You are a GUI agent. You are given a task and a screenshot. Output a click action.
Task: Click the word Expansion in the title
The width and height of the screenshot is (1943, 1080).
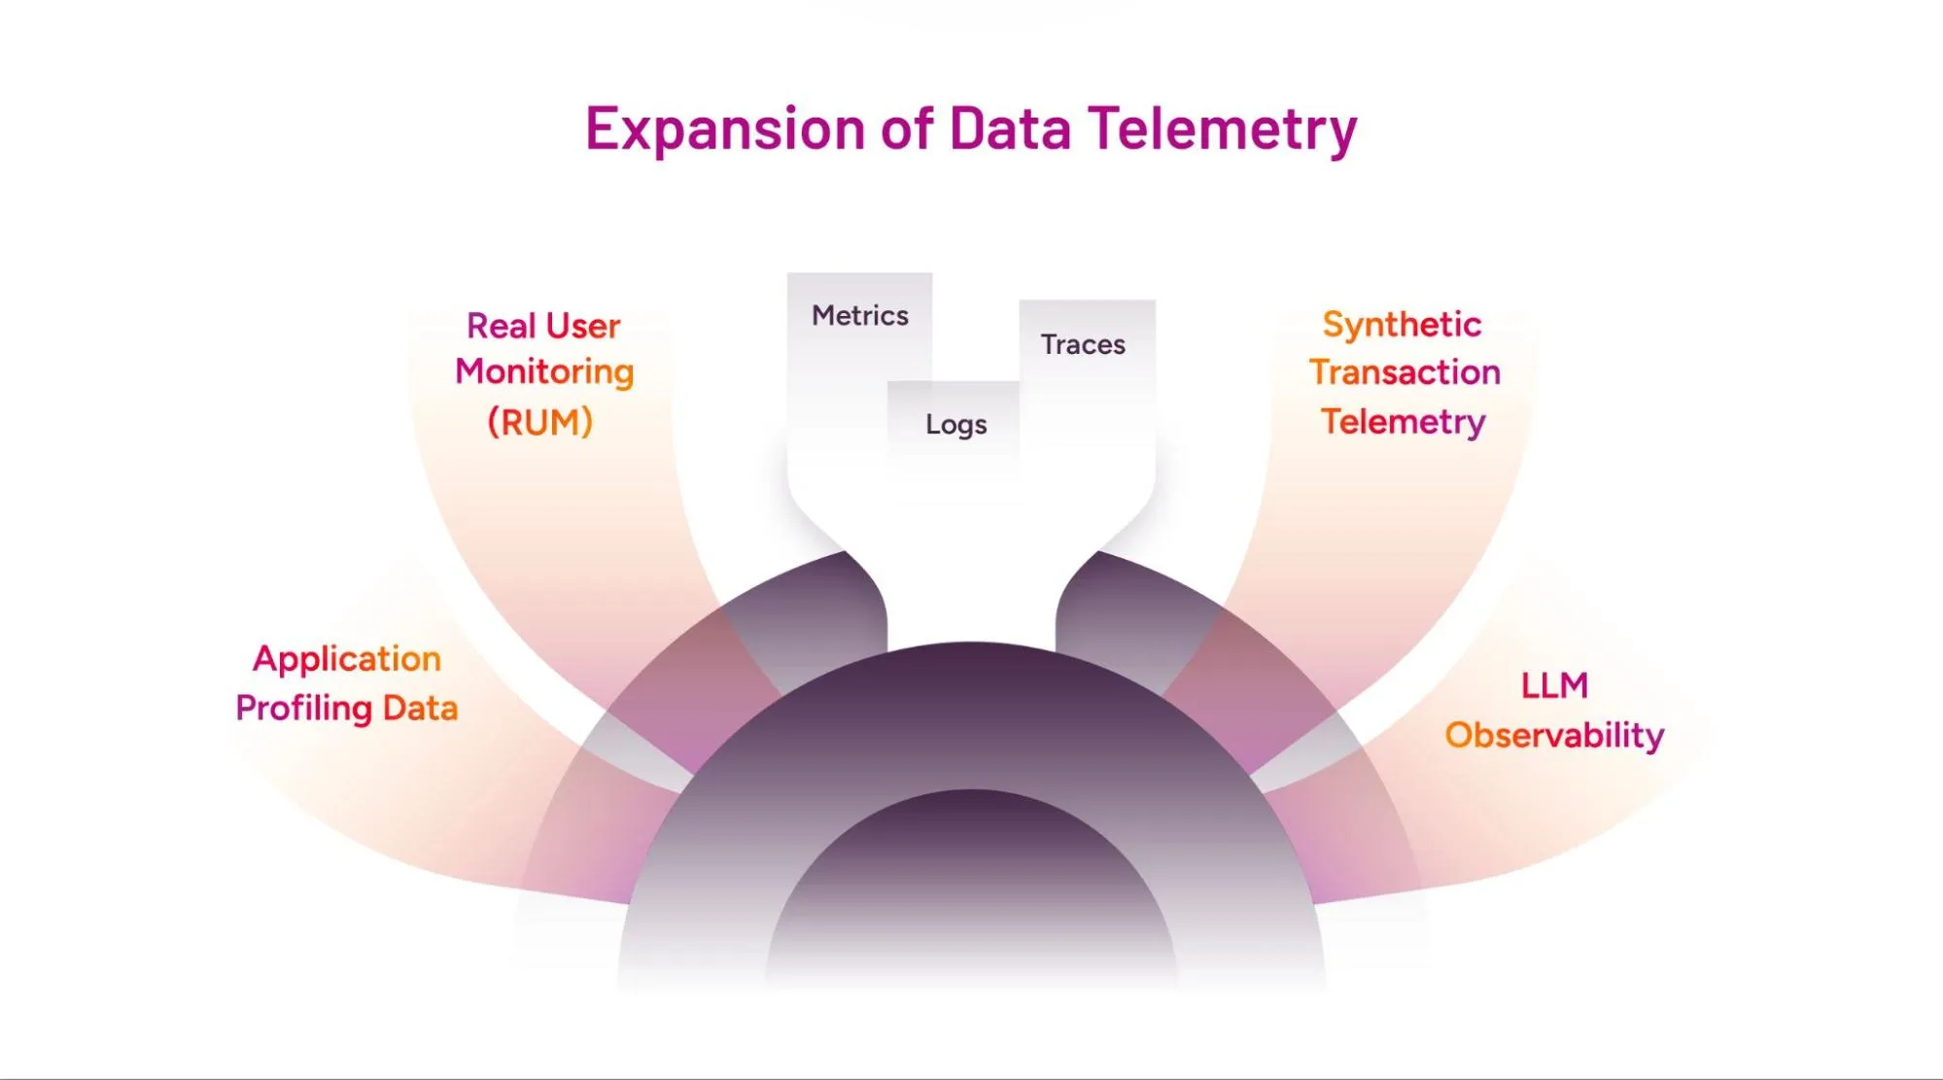pyautogui.click(x=724, y=128)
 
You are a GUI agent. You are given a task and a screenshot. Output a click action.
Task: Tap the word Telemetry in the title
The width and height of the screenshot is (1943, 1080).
pyautogui.click(x=1222, y=128)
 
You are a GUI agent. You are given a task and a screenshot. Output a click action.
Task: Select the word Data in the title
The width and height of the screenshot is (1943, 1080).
pyautogui.click(x=1010, y=128)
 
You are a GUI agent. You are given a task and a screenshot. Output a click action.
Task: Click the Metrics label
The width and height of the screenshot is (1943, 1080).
pyautogui.click(x=860, y=316)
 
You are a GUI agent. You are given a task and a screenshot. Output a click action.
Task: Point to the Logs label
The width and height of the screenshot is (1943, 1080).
pyautogui.click(x=956, y=425)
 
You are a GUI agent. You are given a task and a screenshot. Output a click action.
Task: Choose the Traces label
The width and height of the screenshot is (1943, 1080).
pyautogui.click(x=1083, y=344)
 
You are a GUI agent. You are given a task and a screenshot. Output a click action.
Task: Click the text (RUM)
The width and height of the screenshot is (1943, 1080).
pyautogui.click(x=540, y=422)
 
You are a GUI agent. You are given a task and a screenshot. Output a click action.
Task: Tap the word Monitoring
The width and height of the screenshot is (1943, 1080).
pyautogui.click(x=544, y=371)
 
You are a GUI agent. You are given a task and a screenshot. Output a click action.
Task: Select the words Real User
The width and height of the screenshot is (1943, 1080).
pyautogui.click(x=543, y=326)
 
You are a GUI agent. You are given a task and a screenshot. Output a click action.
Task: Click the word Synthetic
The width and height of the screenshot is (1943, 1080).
pyautogui.click(x=1402, y=324)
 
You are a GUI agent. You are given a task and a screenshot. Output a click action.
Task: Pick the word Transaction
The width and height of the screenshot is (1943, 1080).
pyautogui.click(x=1405, y=372)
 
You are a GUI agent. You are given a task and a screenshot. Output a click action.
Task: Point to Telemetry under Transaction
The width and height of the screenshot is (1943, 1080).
pyautogui.click(x=1403, y=422)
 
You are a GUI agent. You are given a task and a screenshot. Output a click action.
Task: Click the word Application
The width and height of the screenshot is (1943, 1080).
pyautogui.click(x=347, y=659)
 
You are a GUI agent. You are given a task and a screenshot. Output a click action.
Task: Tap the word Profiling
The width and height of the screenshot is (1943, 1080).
pyautogui.click(x=303, y=709)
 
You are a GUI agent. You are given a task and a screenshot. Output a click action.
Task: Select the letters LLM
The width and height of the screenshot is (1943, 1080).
pyautogui.click(x=1554, y=686)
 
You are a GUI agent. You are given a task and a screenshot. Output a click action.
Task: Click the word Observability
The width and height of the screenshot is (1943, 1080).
pyautogui.click(x=1554, y=735)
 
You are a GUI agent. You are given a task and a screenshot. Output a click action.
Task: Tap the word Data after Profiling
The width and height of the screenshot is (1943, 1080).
pyautogui.click(x=420, y=709)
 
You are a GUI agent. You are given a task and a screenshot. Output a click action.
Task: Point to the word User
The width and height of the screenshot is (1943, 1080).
pyautogui.click(x=583, y=326)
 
